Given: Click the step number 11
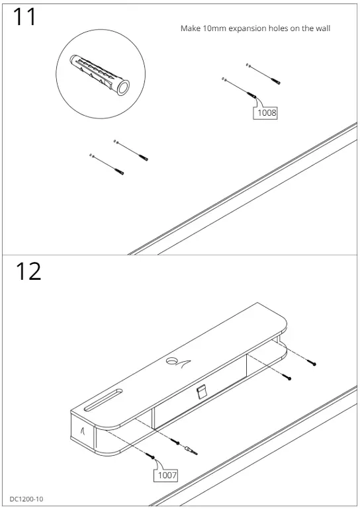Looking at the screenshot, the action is (x=24, y=17).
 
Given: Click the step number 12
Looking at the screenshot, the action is (x=28, y=272).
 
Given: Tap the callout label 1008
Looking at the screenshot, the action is (x=265, y=113).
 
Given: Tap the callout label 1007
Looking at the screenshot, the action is (x=166, y=475).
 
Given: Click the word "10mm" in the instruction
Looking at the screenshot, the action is (x=214, y=28).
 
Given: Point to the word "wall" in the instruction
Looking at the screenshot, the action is (x=322, y=28).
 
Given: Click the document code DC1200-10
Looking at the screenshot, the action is (x=26, y=499).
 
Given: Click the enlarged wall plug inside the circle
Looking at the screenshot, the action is (x=99, y=75).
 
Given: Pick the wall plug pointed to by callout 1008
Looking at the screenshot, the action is (x=252, y=95).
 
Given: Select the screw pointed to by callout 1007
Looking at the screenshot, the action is (x=150, y=455).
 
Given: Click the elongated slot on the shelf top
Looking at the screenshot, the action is (x=103, y=399).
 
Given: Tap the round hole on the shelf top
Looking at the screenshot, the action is (x=171, y=361).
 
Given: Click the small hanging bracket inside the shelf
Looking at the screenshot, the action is (x=202, y=392).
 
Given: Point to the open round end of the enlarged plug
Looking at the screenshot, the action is (x=123, y=87).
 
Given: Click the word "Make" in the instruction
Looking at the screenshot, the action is (x=191, y=28).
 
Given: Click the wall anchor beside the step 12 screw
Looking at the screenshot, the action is (x=191, y=450).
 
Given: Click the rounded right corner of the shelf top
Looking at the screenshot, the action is (x=283, y=325).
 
